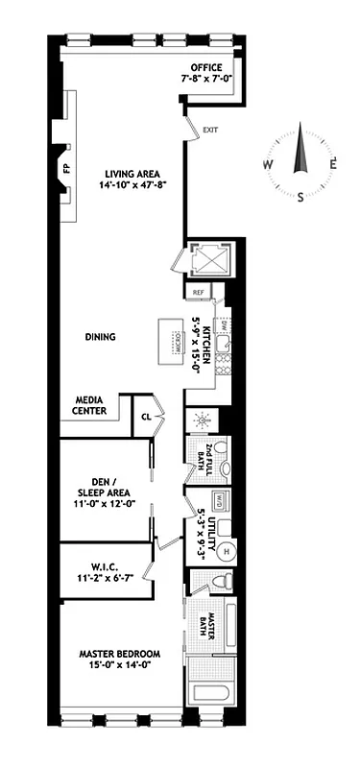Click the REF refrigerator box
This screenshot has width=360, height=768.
coord(199,293)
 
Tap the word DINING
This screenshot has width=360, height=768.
coord(100,337)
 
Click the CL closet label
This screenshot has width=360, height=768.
coord(146,417)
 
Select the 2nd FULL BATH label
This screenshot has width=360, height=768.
coord(201,459)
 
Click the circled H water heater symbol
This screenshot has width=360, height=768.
coord(228,551)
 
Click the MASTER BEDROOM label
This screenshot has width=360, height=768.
coord(119,660)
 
